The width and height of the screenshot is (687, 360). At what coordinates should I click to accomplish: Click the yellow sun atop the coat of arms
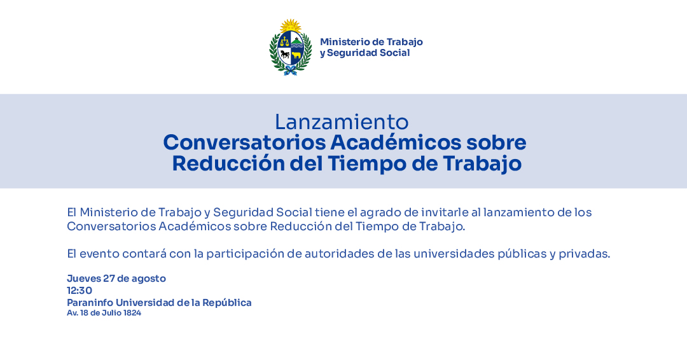pyautogui.click(x=291, y=25)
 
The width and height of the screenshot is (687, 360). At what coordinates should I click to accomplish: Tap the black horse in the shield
pyautogui.click(x=285, y=55)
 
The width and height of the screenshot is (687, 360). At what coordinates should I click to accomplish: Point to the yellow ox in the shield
pyautogui.click(x=296, y=55)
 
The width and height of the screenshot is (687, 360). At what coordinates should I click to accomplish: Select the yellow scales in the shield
pyautogui.click(x=285, y=43)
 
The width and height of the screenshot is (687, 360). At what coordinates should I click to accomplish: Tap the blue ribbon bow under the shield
pyautogui.click(x=290, y=71)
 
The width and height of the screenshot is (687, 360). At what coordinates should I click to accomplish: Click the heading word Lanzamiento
pyautogui.click(x=342, y=122)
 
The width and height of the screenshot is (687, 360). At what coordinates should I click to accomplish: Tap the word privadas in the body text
pyautogui.click(x=584, y=254)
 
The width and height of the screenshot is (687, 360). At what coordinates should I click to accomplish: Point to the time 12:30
pyautogui.click(x=80, y=291)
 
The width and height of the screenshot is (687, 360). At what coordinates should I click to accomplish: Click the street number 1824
pyautogui.click(x=132, y=313)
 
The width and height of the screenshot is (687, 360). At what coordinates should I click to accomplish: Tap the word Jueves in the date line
pyautogui.click(x=84, y=279)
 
